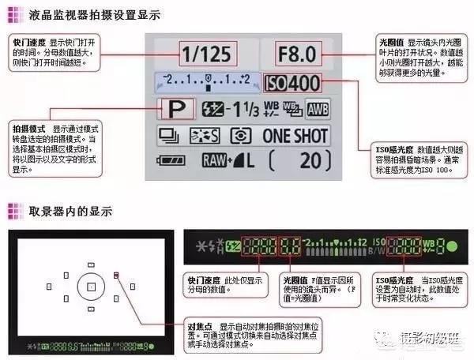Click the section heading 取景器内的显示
[70, 211]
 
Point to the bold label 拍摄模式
[28, 128]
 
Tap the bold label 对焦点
[199, 325]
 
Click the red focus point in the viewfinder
[116, 275]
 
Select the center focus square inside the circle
[92, 287]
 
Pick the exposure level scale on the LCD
[205, 80]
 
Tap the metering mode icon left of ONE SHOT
[240, 135]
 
